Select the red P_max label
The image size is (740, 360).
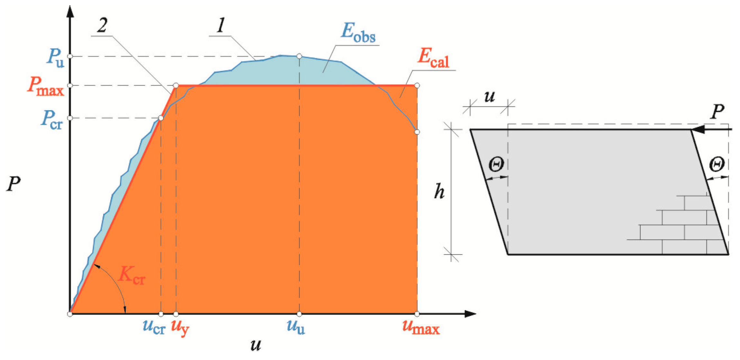46,87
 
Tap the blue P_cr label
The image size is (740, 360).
52,120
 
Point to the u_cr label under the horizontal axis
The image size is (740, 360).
154,327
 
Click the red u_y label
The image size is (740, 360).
180,328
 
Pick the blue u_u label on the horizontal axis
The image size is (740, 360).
295,327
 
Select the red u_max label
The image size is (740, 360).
421,328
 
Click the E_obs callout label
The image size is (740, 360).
358,33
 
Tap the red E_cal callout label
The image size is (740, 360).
433,59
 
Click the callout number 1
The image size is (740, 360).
221,25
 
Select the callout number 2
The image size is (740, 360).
102,25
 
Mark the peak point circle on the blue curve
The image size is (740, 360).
299,56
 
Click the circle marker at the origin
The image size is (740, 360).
70,314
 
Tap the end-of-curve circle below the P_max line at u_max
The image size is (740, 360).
417,132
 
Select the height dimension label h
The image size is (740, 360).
439,192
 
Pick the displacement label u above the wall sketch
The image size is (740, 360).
489,96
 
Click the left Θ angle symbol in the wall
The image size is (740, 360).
496,165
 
